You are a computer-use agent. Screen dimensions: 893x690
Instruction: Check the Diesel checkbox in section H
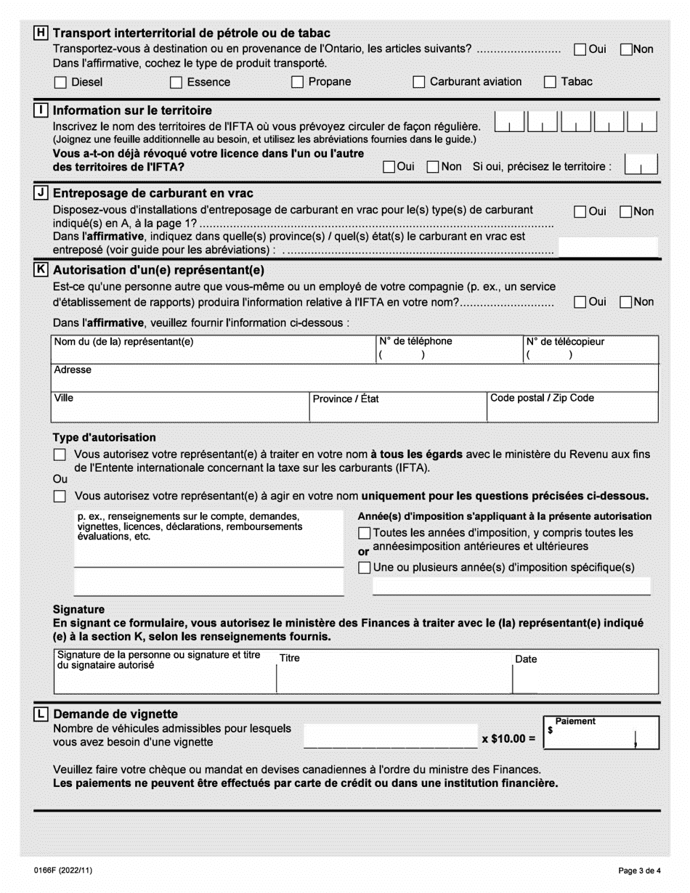point(60,82)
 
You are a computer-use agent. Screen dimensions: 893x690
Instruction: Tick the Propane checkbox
point(297,82)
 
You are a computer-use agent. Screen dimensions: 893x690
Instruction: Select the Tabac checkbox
point(551,82)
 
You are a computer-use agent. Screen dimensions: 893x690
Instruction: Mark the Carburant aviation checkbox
point(418,82)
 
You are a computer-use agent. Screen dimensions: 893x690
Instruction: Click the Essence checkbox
point(176,82)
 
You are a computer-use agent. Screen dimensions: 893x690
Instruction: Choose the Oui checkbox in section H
point(580,49)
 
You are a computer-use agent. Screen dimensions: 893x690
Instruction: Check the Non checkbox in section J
point(626,211)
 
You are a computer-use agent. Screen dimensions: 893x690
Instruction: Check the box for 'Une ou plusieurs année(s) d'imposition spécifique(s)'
point(365,567)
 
